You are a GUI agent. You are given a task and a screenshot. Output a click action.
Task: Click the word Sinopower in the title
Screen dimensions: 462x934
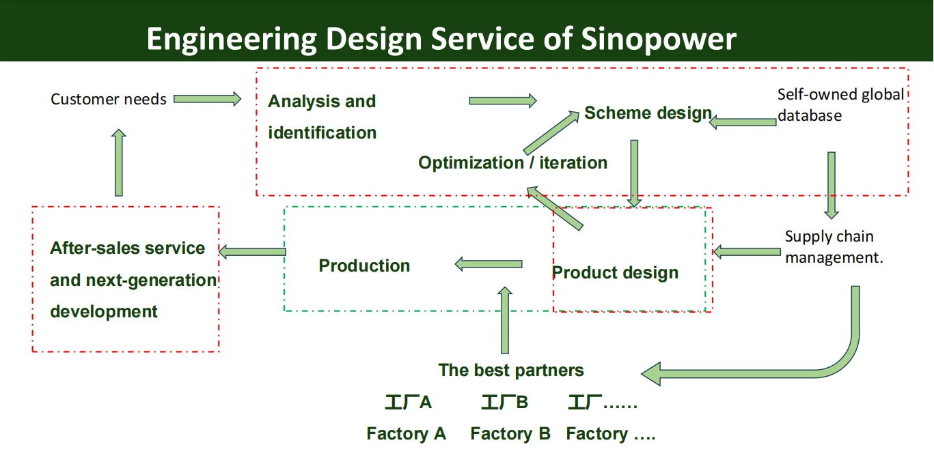tap(659, 39)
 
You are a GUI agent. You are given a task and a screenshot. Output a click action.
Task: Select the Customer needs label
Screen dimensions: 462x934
tap(109, 100)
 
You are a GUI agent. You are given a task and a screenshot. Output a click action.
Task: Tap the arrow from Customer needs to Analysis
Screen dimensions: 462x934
tap(207, 99)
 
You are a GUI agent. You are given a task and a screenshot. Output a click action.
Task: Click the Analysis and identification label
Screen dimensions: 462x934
tap(322, 117)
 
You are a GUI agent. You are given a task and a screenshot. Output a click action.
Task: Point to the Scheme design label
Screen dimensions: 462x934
tap(648, 113)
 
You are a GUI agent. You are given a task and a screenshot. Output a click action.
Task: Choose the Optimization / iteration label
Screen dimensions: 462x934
tap(512, 163)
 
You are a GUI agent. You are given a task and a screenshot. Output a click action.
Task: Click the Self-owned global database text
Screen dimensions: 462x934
tap(840, 104)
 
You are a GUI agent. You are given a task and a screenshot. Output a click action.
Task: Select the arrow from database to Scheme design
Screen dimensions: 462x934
tap(743, 122)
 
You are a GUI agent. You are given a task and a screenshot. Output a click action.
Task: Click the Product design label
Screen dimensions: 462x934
tap(615, 273)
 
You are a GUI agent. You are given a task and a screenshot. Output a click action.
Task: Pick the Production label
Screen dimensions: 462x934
tap(364, 266)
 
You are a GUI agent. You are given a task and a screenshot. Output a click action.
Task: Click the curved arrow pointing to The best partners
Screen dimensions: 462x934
tap(820, 362)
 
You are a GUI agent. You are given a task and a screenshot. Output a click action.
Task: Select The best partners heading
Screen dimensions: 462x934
tap(511, 371)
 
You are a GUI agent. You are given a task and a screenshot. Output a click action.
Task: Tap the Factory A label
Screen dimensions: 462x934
tap(406, 434)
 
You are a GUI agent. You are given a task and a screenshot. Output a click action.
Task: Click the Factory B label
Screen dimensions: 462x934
tap(510, 434)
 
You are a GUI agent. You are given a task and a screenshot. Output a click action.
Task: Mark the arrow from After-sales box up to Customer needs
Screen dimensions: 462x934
tap(119, 162)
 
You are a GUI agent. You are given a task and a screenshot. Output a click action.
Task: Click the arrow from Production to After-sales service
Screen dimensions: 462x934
tap(252, 252)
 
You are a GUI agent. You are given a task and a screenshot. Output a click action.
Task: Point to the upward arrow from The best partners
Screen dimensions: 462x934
tap(505, 320)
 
